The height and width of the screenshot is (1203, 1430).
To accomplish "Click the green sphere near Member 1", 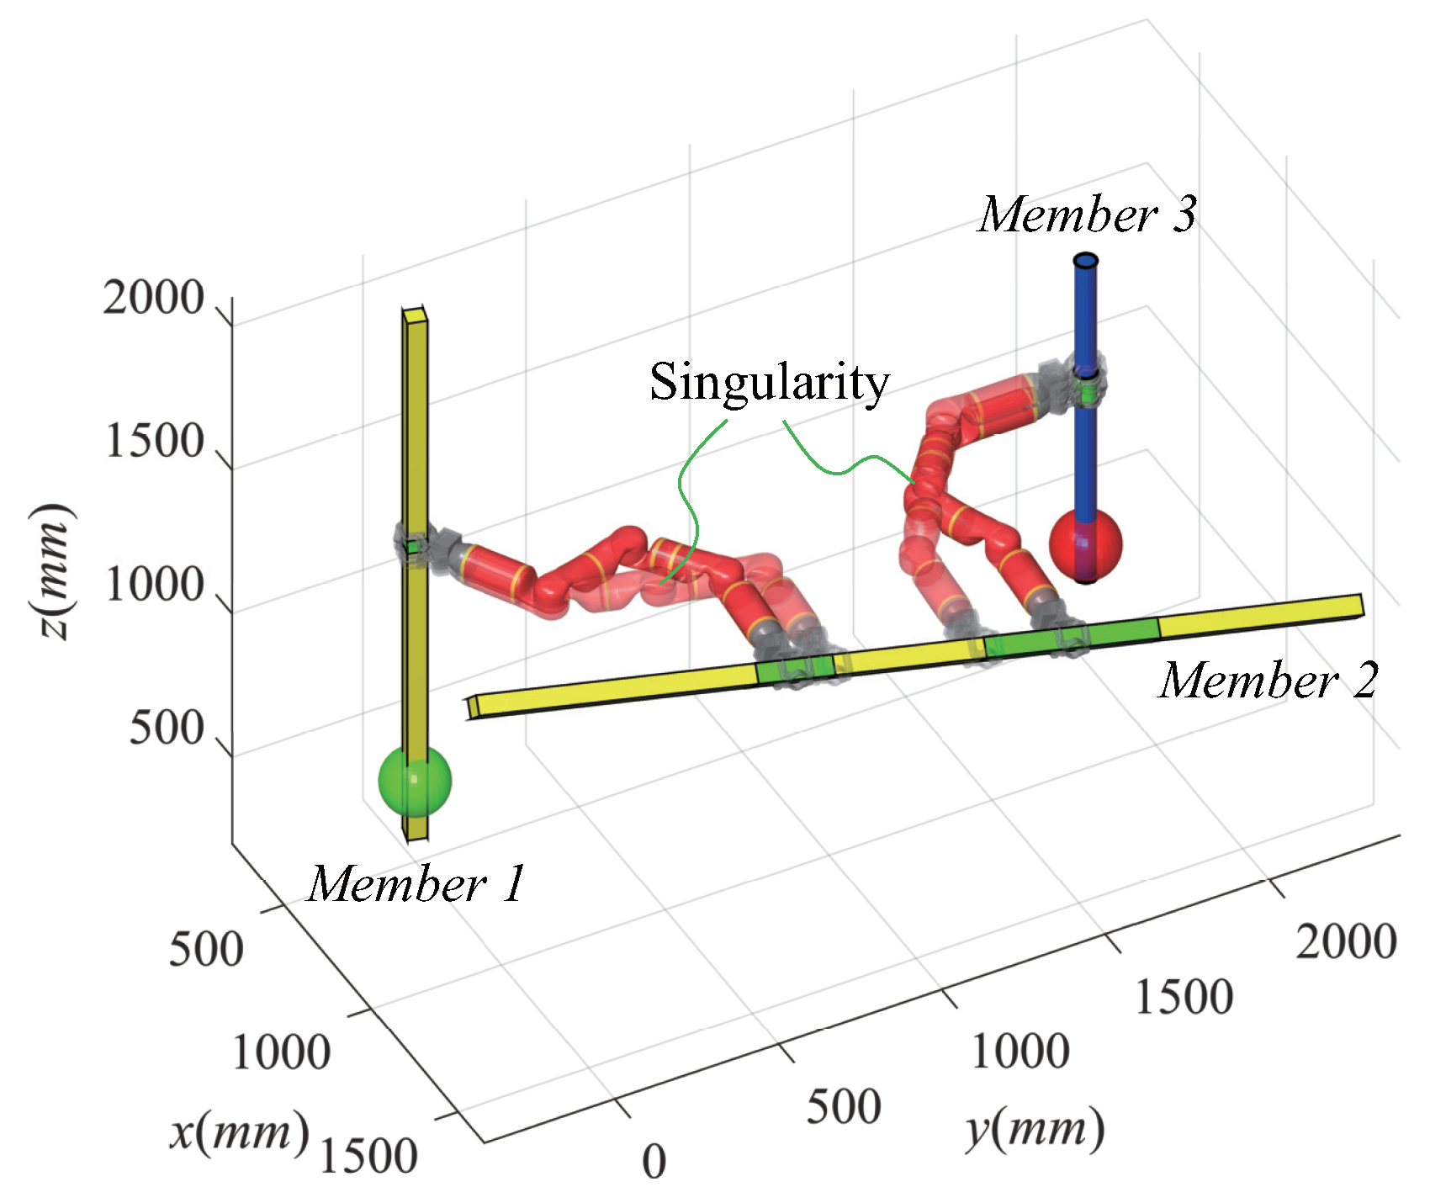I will pos(415,782).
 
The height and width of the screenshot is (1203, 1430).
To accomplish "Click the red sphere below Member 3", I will pos(1086,544).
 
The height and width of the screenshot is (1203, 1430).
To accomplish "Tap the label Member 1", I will pos(416,884).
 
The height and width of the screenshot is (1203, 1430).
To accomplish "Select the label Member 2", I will pos(1268,680).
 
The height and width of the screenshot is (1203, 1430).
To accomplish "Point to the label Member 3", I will pos(1086,214).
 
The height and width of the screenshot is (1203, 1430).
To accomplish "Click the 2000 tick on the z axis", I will pos(154,299).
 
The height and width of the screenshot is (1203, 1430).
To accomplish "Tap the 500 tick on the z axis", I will pos(167,729).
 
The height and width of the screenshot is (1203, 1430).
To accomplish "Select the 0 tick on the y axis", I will pos(654,1162).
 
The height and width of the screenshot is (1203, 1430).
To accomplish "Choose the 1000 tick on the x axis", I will pos(281,1052).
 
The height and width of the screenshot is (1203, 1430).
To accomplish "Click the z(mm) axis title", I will pos(52,571).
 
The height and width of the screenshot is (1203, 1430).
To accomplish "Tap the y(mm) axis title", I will pos(1034,1130).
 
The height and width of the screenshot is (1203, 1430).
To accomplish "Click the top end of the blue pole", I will pos(1086,262).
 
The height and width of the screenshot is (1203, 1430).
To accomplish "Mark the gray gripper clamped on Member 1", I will pos(418,545).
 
